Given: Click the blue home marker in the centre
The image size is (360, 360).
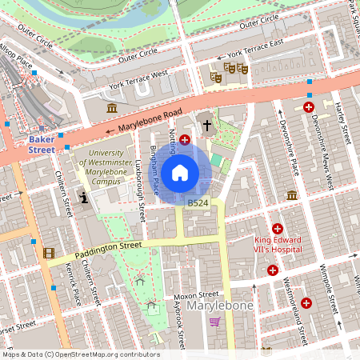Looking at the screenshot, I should (x=180, y=172).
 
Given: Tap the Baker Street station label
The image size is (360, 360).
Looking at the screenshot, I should (x=42, y=143).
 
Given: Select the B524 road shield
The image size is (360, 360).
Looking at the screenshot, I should (x=198, y=204).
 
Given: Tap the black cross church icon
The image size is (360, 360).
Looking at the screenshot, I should (x=207, y=125).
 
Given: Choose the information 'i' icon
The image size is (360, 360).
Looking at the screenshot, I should (x=84, y=199).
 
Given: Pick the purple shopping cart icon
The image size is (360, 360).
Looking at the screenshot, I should (x=214, y=322).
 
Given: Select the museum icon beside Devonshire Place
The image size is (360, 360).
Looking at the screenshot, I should (x=292, y=195).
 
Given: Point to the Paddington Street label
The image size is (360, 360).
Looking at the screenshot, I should (x=108, y=250).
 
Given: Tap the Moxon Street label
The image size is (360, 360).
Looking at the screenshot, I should (x=198, y=294).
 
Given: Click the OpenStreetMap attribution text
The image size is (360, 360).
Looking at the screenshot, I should (x=80, y=354).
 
